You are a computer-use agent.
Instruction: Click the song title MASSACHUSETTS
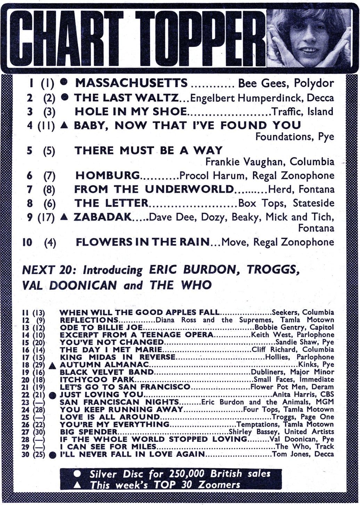tap(131, 83)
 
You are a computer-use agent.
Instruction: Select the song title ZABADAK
tap(103, 217)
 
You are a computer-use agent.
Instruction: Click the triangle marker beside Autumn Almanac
tap(53, 366)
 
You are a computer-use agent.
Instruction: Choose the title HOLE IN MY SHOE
tap(131, 111)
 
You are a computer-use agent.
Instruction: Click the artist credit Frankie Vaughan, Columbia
tap(270, 162)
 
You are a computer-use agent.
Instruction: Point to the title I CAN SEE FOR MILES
tap(108, 447)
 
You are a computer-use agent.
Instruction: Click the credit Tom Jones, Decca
tap(303, 454)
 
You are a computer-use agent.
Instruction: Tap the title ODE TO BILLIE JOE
tap(101, 327)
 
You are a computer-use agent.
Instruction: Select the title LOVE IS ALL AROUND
tap(109, 417)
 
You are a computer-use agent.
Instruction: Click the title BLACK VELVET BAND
tap(107, 372)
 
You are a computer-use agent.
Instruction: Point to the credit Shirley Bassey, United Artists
tap(281, 432)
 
